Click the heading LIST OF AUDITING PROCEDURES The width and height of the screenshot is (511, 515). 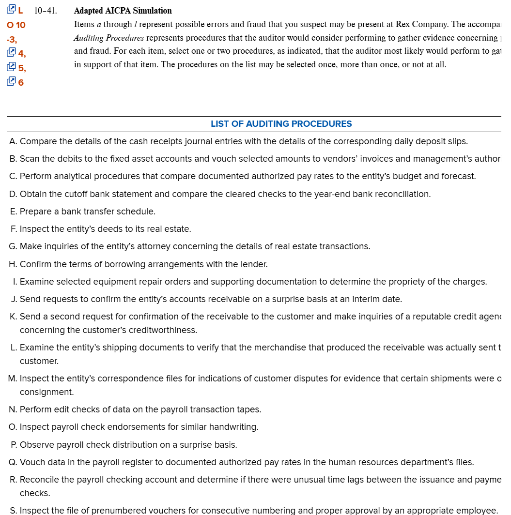[281, 124]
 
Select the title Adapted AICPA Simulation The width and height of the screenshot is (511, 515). [123, 11]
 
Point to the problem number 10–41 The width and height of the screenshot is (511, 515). [46, 11]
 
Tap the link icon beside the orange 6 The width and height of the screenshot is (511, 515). [11, 82]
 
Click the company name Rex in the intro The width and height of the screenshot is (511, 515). [403, 24]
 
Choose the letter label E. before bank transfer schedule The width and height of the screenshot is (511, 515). [13, 212]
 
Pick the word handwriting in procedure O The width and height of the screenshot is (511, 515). [233, 427]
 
